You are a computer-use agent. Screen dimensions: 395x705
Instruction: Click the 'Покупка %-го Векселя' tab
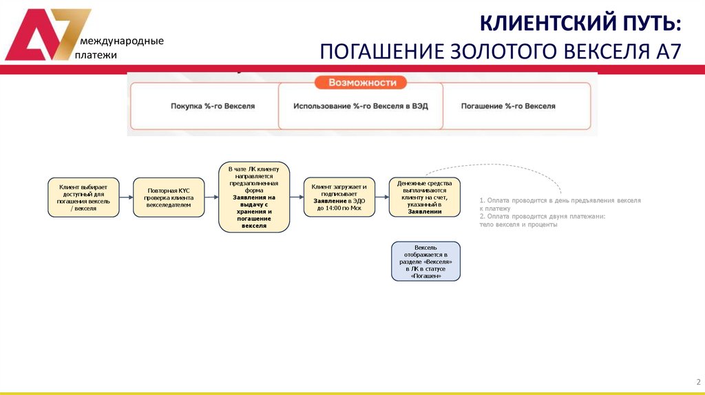click(213, 107)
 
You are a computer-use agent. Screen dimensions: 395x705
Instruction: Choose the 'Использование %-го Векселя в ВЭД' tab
click(360, 107)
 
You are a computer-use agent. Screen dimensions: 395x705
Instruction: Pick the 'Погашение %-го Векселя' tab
click(508, 107)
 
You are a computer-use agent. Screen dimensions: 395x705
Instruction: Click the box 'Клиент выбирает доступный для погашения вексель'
click(83, 197)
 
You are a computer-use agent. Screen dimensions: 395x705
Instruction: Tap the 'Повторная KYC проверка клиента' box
click(169, 197)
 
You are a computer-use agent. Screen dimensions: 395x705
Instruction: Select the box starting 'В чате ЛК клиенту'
click(254, 197)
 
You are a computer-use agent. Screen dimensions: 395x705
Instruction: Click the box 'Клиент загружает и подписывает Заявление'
click(339, 197)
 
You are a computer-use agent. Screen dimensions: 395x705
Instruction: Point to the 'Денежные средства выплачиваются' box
click(425, 197)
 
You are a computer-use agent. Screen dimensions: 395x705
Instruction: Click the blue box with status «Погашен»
click(425, 261)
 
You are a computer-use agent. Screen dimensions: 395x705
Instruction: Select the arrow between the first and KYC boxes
click(126, 197)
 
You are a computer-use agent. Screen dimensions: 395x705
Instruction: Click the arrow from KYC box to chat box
click(211, 197)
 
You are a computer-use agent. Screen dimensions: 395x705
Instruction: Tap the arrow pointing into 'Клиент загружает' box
click(297, 197)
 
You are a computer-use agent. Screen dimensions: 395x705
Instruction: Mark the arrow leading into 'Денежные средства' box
click(382, 197)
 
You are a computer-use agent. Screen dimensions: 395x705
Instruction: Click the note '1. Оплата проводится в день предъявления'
click(560, 204)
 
